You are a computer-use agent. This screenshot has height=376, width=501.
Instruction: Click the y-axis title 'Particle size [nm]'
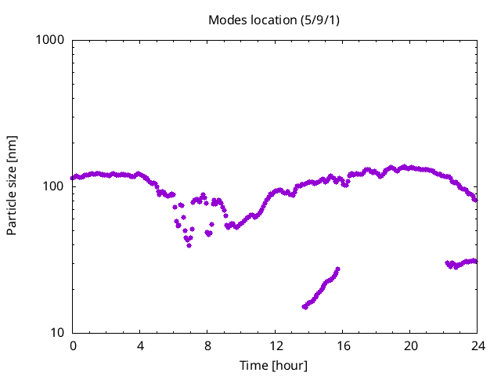pos(12,186)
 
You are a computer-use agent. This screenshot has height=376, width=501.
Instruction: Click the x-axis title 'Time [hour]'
pos(275,365)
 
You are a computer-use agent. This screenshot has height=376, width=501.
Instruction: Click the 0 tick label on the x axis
pos(73,346)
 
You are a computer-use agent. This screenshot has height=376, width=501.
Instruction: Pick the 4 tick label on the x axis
pos(140,346)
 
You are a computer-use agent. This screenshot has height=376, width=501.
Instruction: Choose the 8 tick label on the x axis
pos(207,346)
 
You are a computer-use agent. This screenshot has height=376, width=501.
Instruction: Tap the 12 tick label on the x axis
pos(275,346)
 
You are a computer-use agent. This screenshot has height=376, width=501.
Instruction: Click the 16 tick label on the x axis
pos(342,346)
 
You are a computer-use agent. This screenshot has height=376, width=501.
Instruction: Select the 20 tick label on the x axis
pos(409,346)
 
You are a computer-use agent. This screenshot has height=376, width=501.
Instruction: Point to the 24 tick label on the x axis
pos(477,346)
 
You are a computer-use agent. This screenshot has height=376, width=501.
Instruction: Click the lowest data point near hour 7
pos(189,245)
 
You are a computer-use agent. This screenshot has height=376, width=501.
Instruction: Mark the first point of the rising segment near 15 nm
pos(305,307)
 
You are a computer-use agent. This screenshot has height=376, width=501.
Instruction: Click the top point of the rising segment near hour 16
pos(337,269)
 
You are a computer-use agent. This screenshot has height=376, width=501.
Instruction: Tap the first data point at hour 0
pos(73,178)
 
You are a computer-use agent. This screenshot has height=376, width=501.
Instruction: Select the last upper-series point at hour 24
pos(475,200)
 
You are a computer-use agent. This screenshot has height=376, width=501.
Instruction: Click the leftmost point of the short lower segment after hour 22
pos(448,263)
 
